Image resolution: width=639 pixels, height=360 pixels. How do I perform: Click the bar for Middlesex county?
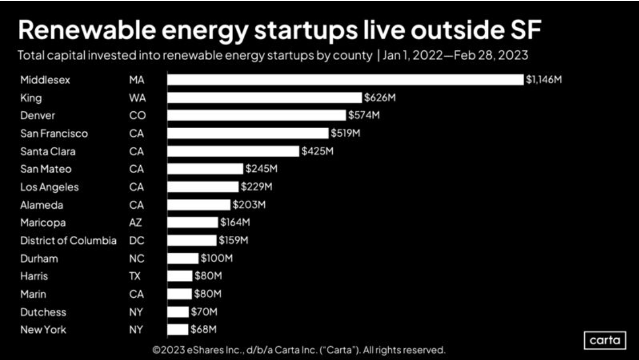pyautogui.click(x=345, y=80)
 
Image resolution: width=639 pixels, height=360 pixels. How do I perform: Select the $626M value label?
pyautogui.click(x=379, y=97)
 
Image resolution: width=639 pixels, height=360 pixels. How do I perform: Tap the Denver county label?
pyautogui.click(x=38, y=115)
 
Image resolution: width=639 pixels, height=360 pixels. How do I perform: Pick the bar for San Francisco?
pyautogui.click(x=247, y=133)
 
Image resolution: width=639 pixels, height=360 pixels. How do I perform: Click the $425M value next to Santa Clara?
pyautogui.click(x=317, y=152)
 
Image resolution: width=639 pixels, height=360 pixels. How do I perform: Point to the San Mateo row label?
pyautogui.click(x=46, y=169)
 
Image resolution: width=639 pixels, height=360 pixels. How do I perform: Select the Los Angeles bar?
pyautogui.click(x=202, y=187)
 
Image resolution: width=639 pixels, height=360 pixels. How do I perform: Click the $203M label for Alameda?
pyautogui.click(x=249, y=205)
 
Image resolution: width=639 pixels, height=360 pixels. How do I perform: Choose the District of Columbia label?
pyautogui.click(x=68, y=241)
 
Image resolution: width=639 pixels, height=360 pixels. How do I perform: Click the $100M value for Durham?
pyautogui.click(x=216, y=258)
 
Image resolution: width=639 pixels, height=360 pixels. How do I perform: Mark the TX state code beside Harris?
pyautogui.click(x=134, y=276)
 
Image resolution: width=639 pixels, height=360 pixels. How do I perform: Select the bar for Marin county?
pyautogui.click(x=179, y=294)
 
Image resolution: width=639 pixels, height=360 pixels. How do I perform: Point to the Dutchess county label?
pyautogui.click(x=43, y=312)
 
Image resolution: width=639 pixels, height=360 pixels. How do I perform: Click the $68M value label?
pyautogui.click(x=203, y=330)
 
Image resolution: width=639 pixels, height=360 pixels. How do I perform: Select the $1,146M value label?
pyautogui.click(x=543, y=80)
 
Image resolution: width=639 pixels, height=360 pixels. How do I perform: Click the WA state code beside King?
pyautogui.click(x=137, y=97)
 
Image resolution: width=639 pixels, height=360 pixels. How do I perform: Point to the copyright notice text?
pyautogui.click(x=299, y=350)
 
